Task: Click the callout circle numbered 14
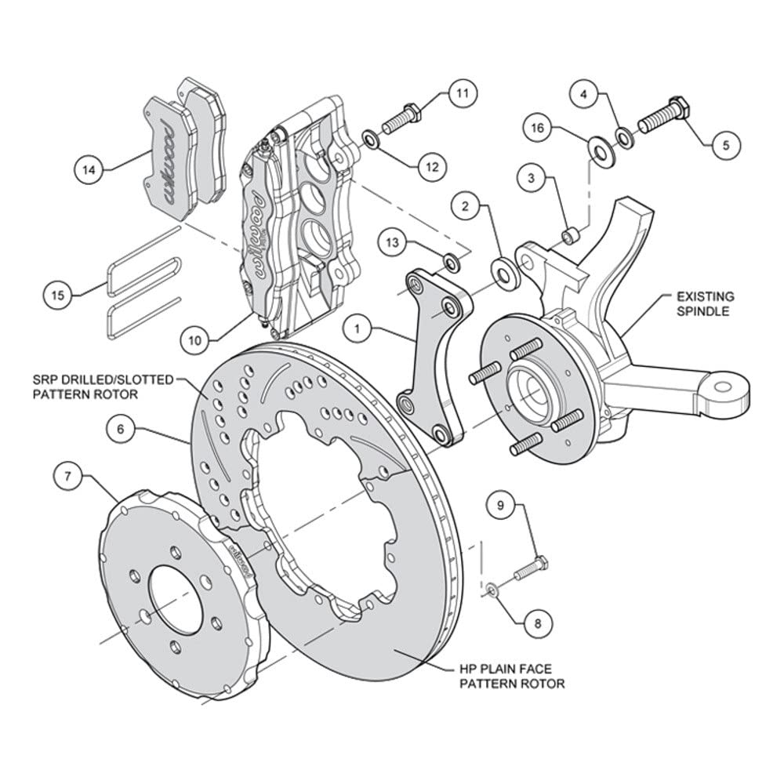89,170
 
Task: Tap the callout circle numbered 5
725,145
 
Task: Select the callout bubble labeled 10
194,340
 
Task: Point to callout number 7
68,477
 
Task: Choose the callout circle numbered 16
538,129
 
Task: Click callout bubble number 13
393,242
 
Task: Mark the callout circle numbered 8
538,623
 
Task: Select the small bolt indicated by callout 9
530,569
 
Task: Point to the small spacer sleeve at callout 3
571,234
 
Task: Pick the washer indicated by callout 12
371,140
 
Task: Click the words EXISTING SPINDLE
706,304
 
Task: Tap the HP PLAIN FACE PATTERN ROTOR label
512,676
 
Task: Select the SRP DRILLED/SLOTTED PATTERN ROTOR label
103,387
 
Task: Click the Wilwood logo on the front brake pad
166,162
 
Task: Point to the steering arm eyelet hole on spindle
723,387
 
